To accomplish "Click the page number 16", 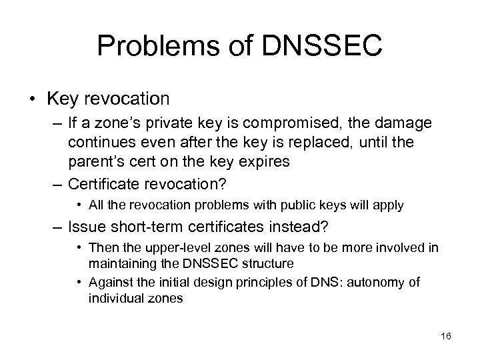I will click(446, 336).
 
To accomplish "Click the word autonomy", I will click(375, 282).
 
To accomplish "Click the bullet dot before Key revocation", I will click(36, 100).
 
